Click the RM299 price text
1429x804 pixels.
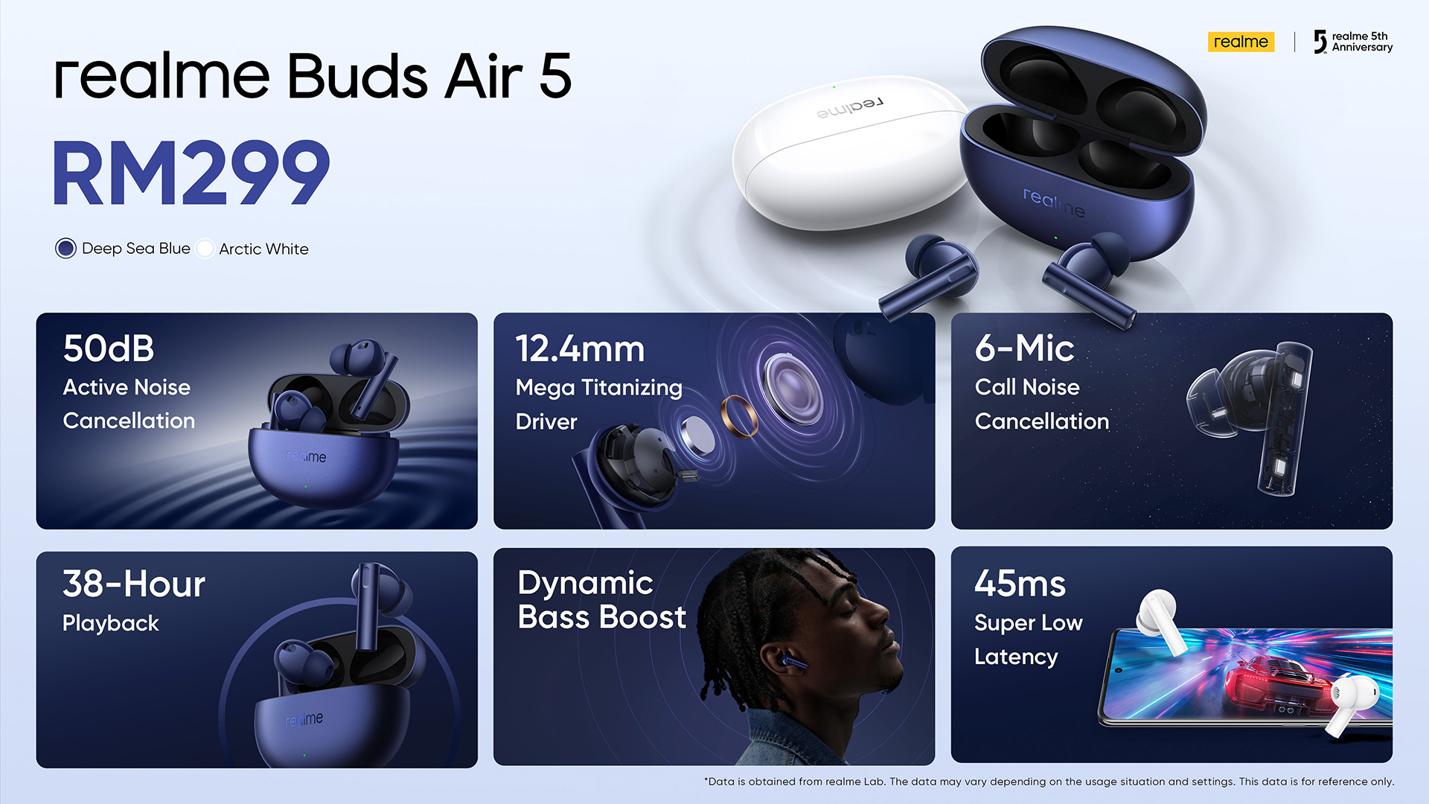click(191, 173)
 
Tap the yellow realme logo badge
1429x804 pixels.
click(1241, 42)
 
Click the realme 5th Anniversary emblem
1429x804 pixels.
click(1352, 42)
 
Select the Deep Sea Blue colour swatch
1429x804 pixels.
click(65, 248)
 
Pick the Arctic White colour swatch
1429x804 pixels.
click(205, 249)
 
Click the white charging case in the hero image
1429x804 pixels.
click(848, 153)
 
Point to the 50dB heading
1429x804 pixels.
click(109, 348)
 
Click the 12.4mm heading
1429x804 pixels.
click(580, 348)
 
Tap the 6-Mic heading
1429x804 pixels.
click(1024, 348)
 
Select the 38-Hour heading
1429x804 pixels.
click(134, 584)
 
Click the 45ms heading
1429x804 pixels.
click(1020, 584)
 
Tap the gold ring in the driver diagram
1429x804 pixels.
click(739, 416)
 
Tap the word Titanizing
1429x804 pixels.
click(631, 389)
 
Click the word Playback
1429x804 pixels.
click(111, 624)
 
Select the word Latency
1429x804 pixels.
click(1016, 657)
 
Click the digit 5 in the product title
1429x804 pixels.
click(555, 76)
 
